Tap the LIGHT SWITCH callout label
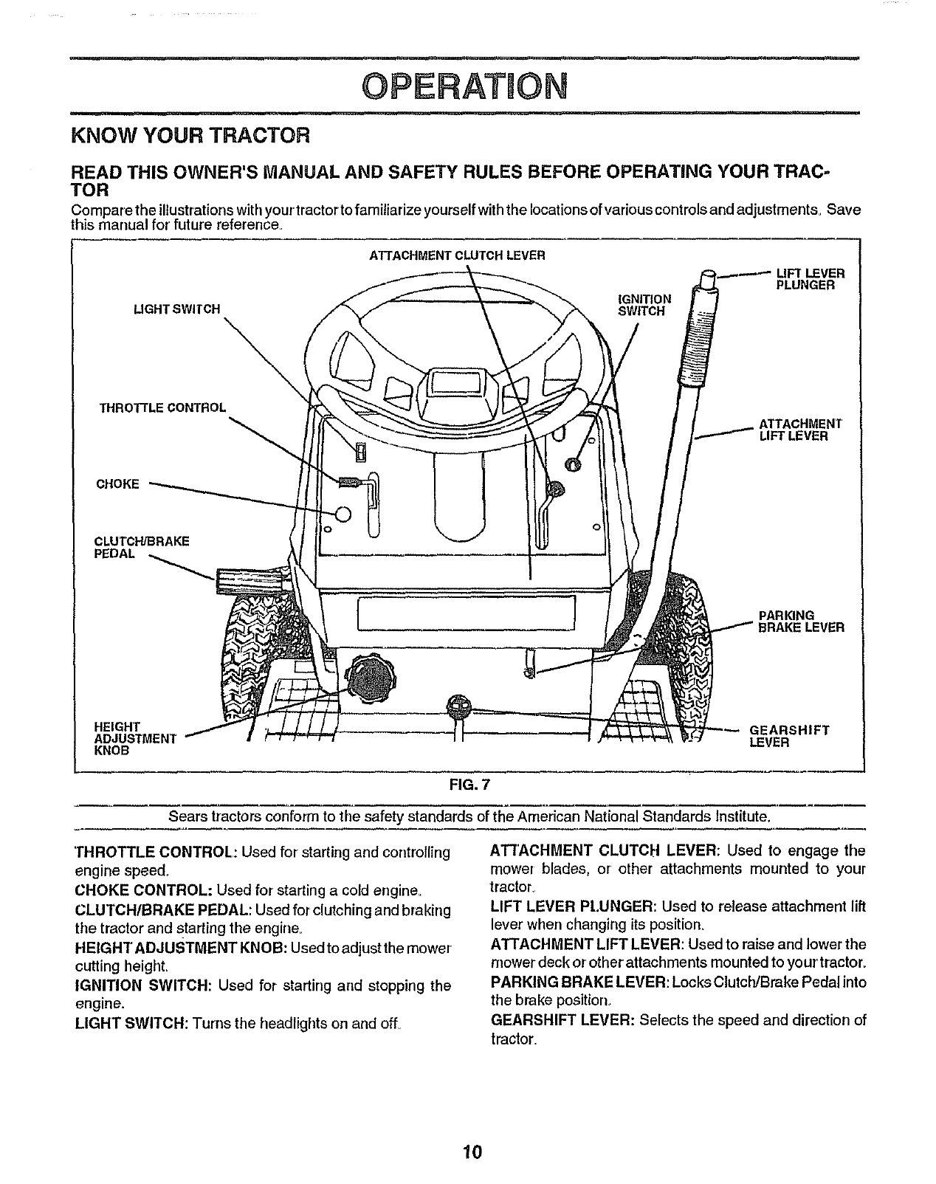coord(176,309)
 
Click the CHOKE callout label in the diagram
coord(118,484)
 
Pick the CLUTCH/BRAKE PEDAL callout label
coord(142,547)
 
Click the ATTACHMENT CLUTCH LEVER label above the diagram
coord(457,256)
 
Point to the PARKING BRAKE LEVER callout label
coord(801,622)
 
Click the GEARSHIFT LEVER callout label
coord(789,736)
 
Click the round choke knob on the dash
coord(343,514)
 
